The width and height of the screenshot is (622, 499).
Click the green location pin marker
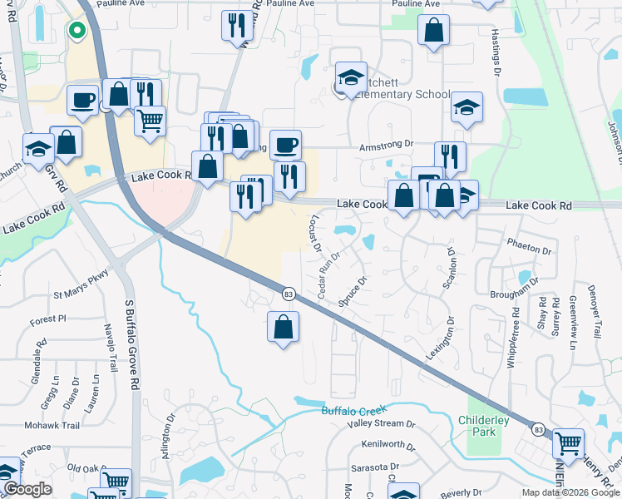(77, 32)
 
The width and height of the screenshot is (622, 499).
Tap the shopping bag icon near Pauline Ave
(433, 32)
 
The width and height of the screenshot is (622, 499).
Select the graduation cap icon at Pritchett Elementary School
(351, 77)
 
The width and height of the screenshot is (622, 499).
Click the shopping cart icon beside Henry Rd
(568, 442)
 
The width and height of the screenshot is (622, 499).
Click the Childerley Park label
(483, 426)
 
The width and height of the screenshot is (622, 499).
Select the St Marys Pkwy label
(81, 294)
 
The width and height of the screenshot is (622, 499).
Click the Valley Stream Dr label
(381, 424)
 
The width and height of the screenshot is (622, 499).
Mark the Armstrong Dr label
(386, 145)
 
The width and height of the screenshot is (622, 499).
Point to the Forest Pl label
(47, 319)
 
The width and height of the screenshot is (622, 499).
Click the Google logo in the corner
(27, 489)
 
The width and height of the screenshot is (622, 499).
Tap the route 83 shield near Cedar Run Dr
(289, 294)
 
